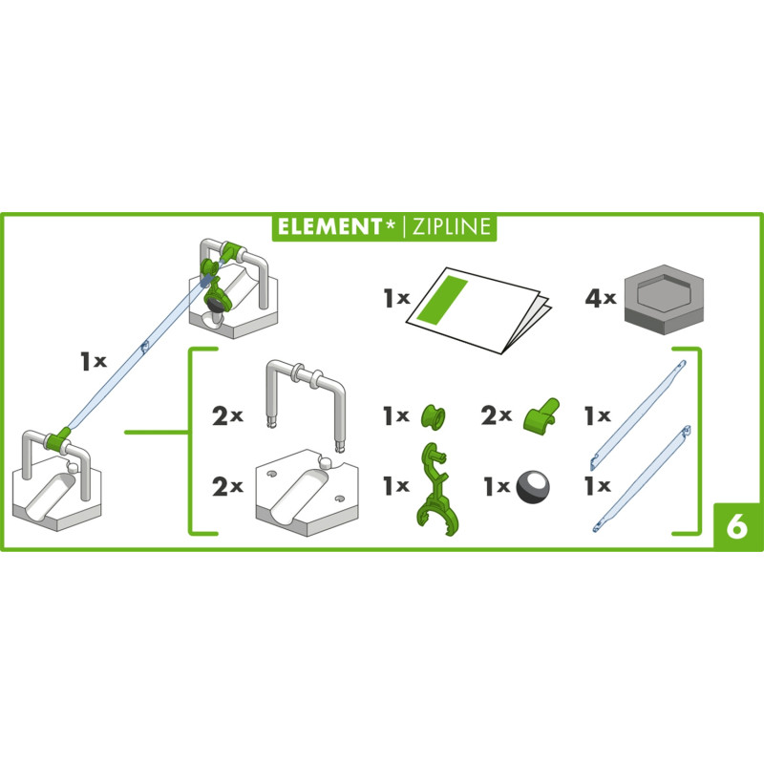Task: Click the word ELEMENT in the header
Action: click(329, 226)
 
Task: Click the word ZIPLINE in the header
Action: click(451, 226)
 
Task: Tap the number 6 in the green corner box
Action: click(736, 526)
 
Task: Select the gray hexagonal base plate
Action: click(664, 301)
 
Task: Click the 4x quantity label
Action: click(601, 298)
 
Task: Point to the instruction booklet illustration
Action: click(479, 308)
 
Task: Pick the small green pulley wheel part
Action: click(434, 416)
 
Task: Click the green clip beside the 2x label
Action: click(541, 414)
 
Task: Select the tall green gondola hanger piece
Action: click(436, 488)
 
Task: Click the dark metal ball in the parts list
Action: click(533, 487)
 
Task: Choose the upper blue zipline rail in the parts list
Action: click(638, 414)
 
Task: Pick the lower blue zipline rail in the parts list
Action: click(642, 478)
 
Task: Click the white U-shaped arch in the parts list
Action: click(306, 400)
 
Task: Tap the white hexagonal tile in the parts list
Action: click(307, 492)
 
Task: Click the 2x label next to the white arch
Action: click(227, 416)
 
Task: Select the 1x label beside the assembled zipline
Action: click(94, 361)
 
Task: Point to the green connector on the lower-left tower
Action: click(58, 439)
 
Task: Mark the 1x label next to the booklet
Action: click(396, 298)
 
